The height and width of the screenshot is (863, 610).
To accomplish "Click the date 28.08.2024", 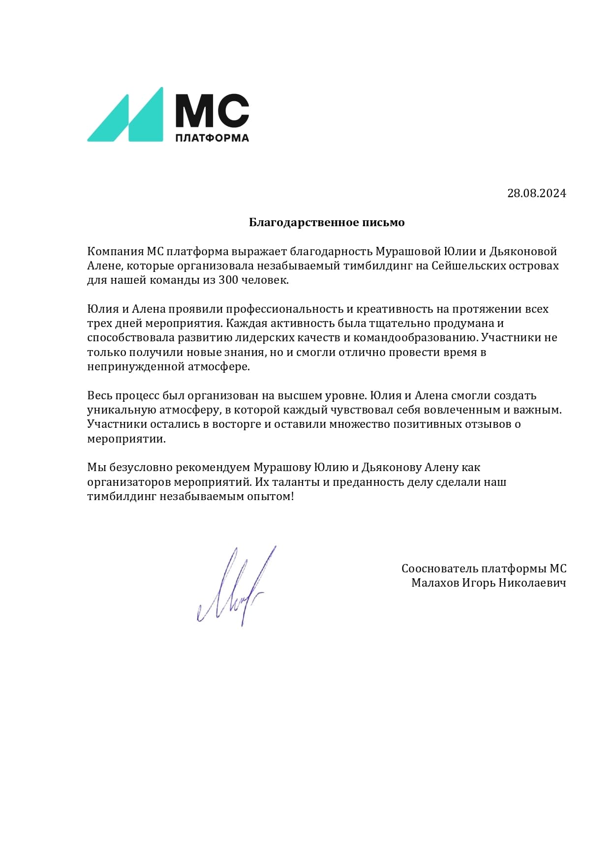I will point(536,193).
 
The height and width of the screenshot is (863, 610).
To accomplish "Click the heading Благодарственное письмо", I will point(327,222).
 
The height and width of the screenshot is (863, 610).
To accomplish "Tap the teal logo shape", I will point(125,115).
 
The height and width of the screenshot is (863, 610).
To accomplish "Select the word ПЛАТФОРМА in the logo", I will point(212,138).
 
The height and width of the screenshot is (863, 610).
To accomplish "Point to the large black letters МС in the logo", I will point(212,111).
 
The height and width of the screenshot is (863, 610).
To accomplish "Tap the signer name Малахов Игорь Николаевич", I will point(488,583).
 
